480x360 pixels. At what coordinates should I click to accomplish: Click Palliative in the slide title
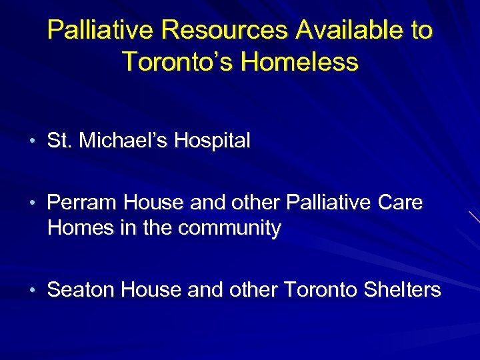click(x=101, y=30)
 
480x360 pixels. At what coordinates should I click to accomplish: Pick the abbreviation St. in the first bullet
click(x=59, y=141)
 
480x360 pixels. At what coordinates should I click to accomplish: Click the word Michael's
click(x=121, y=141)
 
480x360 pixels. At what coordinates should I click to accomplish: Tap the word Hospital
click(x=213, y=141)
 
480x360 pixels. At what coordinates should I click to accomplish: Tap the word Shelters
click(x=403, y=290)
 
